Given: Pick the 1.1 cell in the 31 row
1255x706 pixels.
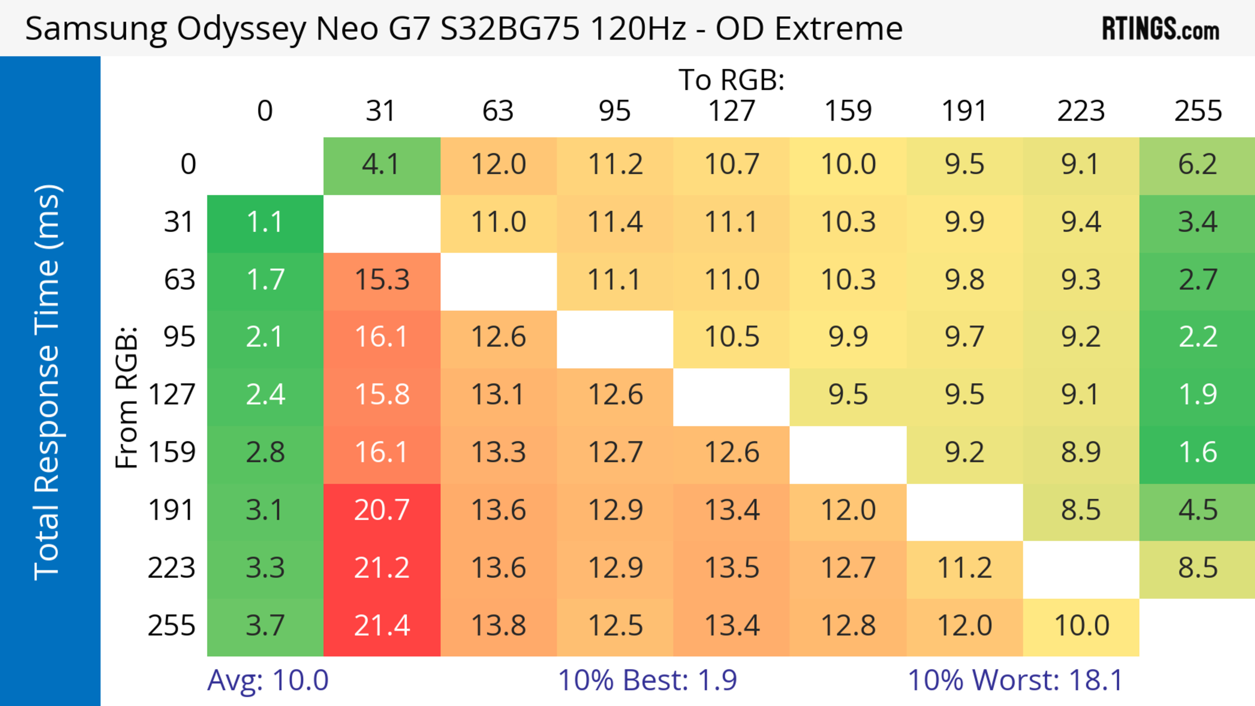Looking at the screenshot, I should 265,222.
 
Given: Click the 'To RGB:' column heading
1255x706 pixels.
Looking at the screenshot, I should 731,80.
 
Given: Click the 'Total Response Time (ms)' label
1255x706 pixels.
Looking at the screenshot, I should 48,382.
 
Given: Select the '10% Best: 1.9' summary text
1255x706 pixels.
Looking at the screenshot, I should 647,680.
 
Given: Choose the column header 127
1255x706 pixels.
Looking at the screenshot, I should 731,111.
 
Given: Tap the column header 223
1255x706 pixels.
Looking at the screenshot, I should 1080,111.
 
